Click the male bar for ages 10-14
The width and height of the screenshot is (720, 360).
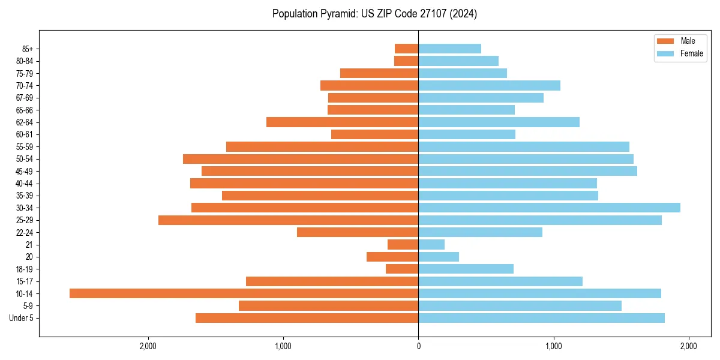click(x=244, y=293)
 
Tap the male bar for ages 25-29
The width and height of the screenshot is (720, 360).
click(x=288, y=220)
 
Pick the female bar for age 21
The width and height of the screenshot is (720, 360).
click(x=431, y=245)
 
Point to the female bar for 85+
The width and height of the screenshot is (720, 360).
click(x=449, y=49)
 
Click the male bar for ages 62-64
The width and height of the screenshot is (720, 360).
click(x=342, y=122)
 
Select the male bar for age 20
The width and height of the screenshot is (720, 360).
click(x=392, y=257)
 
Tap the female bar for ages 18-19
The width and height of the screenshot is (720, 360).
click(x=466, y=269)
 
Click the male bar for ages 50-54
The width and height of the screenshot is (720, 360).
click(x=301, y=159)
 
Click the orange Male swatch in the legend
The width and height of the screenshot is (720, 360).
click(x=666, y=41)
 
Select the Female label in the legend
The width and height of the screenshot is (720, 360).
click(x=692, y=53)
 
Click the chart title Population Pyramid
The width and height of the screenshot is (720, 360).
click(x=374, y=14)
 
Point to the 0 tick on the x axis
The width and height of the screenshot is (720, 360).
click(x=418, y=346)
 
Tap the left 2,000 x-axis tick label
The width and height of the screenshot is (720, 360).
click(x=148, y=346)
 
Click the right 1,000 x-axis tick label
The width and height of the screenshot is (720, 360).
click(x=553, y=346)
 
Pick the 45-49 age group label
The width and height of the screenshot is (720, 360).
click(x=24, y=172)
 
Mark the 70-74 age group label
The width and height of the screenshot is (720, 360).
click(x=24, y=86)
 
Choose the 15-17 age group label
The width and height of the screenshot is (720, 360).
click(x=24, y=281)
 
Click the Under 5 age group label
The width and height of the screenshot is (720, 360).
click(x=21, y=318)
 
